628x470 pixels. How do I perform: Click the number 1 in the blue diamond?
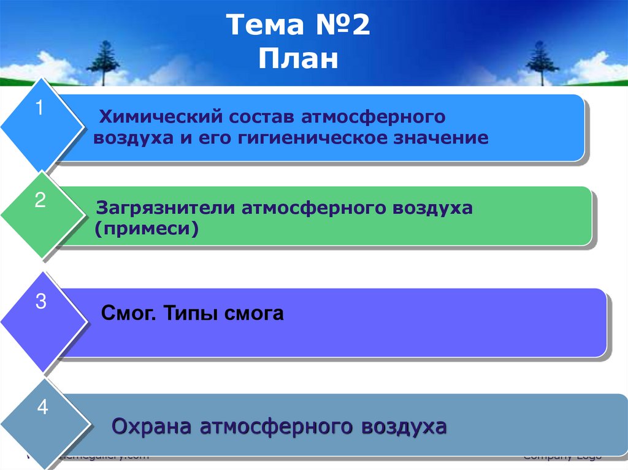click(39, 109)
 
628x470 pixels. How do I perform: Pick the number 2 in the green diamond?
click(40, 200)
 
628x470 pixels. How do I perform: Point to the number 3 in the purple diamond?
click(41, 302)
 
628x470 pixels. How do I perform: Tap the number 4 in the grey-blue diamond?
click(42, 407)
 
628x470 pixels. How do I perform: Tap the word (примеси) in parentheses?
click(147, 229)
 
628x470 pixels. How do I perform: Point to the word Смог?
click(124, 315)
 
